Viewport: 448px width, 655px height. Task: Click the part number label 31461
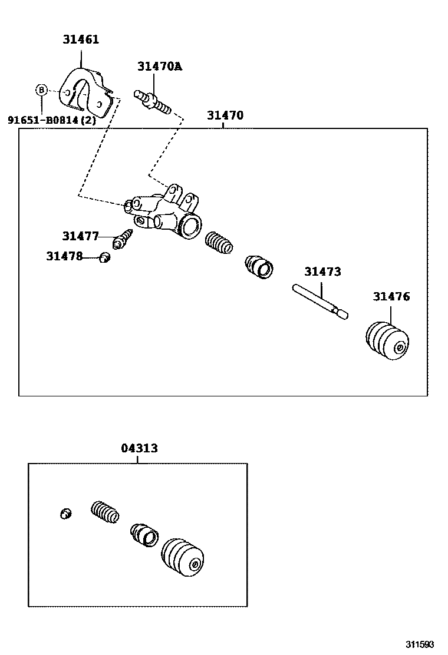[81, 39]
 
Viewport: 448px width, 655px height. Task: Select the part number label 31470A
[160, 66]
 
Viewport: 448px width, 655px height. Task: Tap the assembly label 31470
[225, 115]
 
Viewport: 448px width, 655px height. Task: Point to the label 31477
[80, 236]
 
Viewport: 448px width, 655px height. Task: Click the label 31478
[64, 256]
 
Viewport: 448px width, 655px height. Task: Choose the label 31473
[322, 272]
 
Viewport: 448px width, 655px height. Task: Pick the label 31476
[390, 296]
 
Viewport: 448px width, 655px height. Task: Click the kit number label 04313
[139, 448]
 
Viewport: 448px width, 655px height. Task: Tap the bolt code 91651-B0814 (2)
[51, 120]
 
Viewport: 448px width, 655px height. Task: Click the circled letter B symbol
[41, 90]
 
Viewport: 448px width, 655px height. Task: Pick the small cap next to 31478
[105, 257]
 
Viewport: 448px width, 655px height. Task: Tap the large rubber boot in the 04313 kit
[183, 557]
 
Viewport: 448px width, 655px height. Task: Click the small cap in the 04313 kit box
[65, 514]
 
